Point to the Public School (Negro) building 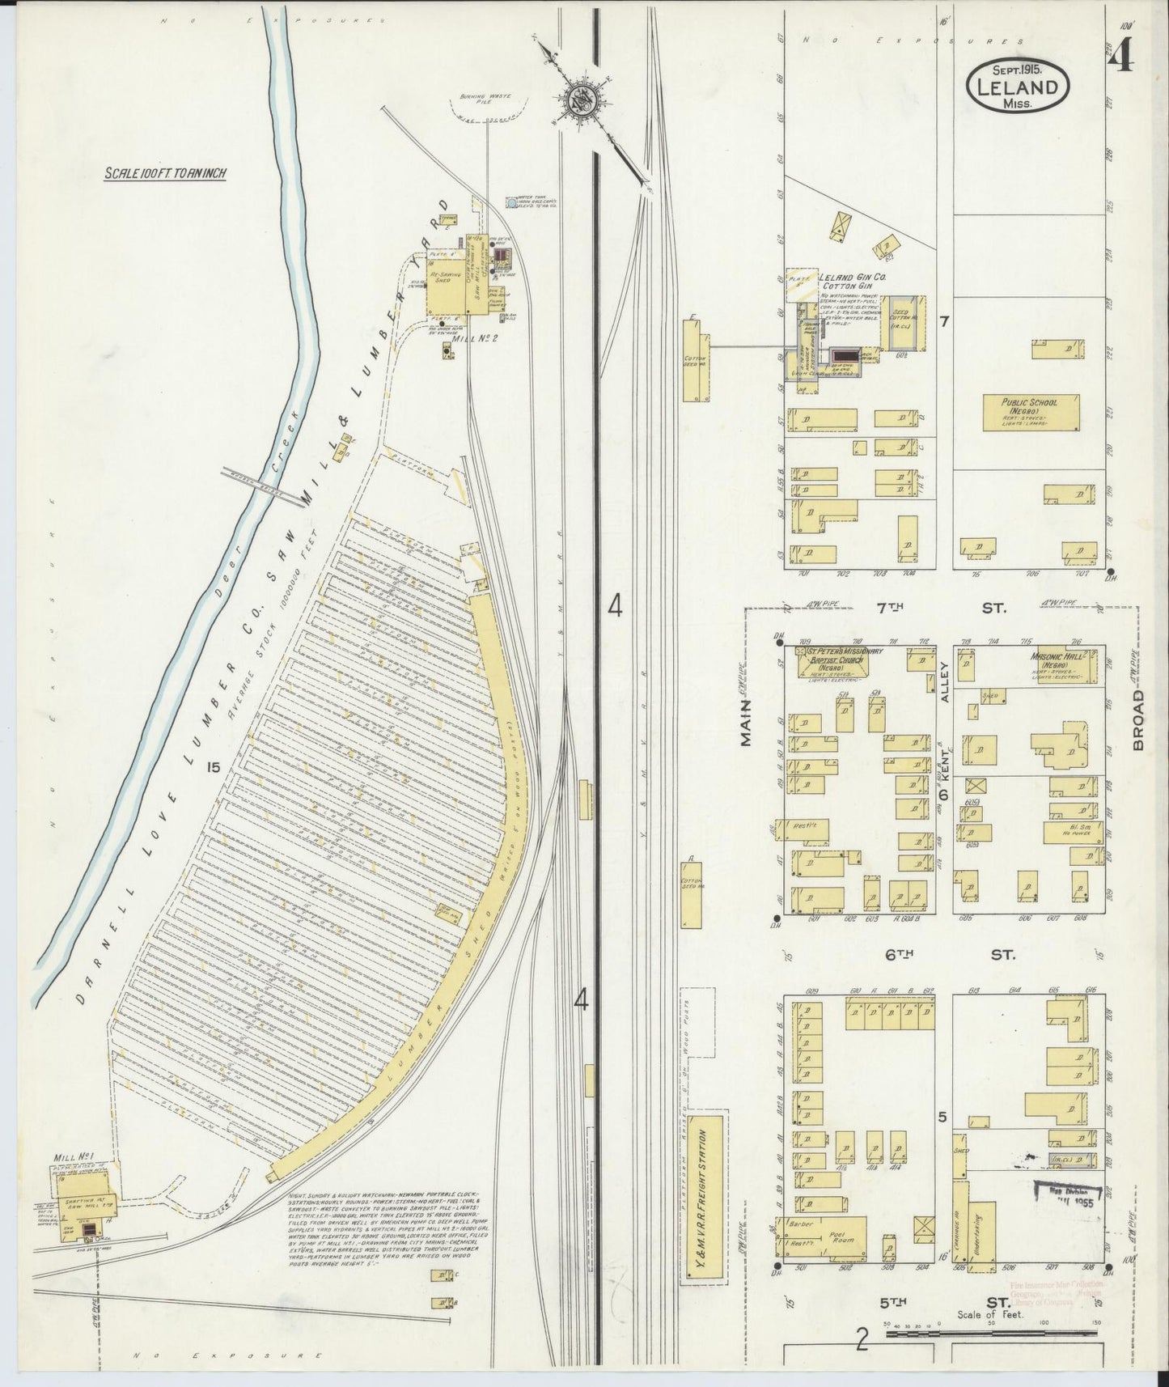point(1031,413)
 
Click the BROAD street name point(1139,721)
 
